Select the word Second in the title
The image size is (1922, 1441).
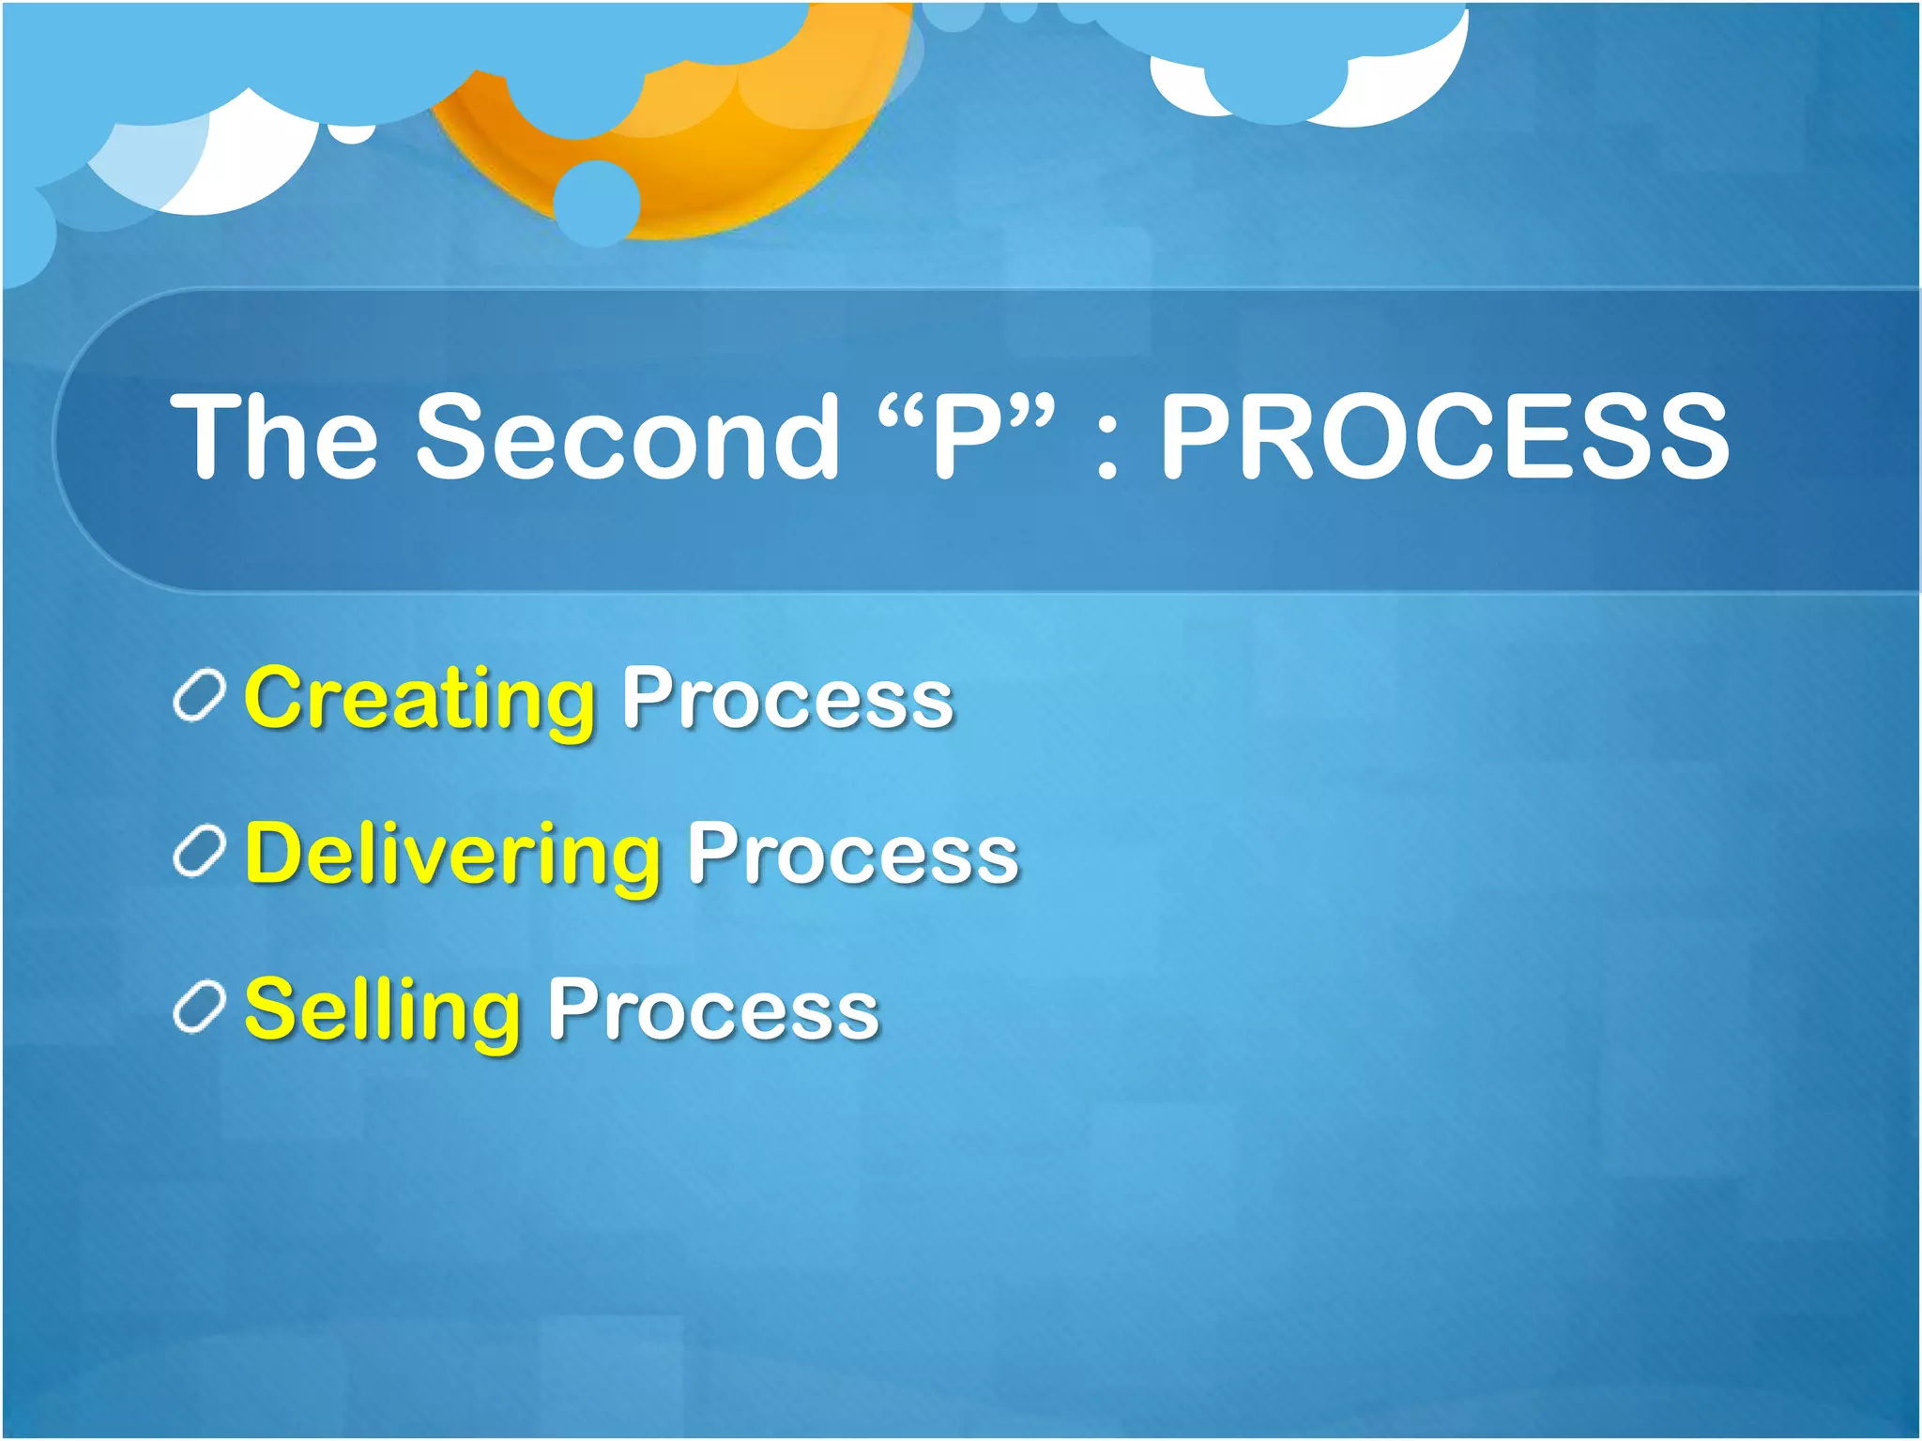(627, 436)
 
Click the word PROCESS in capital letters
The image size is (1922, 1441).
(1444, 436)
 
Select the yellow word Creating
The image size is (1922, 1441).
(419, 699)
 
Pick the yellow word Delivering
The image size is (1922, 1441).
(452, 855)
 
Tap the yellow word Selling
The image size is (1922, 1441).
(382, 1010)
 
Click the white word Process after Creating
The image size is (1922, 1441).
(787, 699)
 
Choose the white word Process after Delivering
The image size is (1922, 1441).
(852, 855)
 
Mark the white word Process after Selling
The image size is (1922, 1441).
(712, 1010)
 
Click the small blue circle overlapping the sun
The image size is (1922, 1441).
(597, 203)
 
